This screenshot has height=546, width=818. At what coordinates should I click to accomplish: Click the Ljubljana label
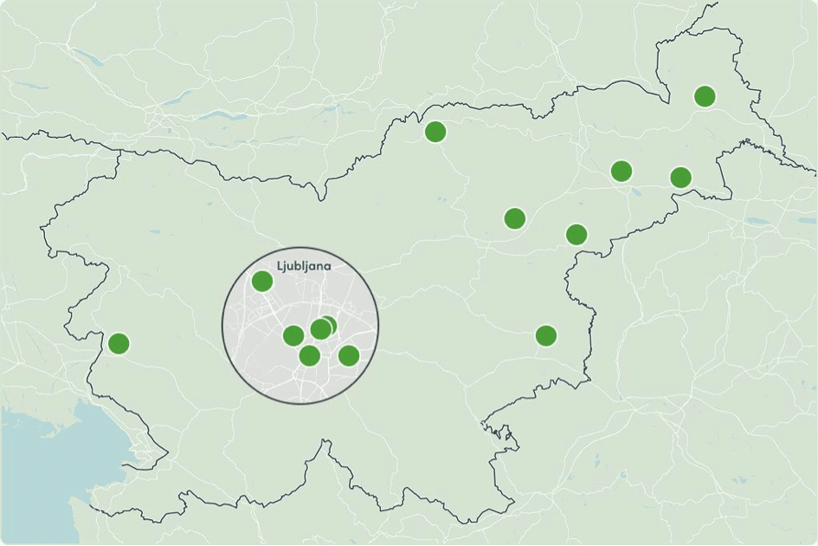(x=304, y=266)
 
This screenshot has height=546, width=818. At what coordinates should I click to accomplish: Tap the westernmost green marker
(x=119, y=343)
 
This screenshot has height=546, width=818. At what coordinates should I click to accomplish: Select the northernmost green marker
(x=705, y=96)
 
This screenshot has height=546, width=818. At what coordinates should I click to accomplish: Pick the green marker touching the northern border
(x=435, y=132)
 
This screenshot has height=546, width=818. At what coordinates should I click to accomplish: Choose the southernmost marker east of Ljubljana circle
(x=545, y=335)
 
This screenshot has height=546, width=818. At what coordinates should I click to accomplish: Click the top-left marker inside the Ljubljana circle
(x=261, y=281)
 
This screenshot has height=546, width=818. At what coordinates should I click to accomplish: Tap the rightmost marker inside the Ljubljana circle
(x=348, y=355)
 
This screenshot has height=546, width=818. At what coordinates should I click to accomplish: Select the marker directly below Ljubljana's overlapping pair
(x=309, y=355)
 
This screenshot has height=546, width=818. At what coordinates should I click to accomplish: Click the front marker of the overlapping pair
(x=320, y=329)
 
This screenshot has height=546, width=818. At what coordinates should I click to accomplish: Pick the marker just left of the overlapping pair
(x=293, y=335)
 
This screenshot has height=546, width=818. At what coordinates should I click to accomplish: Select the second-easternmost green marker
(x=680, y=178)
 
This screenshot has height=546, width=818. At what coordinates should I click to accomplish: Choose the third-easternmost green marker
(x=621, y=171)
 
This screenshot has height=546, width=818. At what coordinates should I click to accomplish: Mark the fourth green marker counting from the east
(x=576, y=234)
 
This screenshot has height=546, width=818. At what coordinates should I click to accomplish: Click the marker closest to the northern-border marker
(x=514, y=218)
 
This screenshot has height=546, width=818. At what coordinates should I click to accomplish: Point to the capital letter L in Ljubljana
(x=280, y=266)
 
